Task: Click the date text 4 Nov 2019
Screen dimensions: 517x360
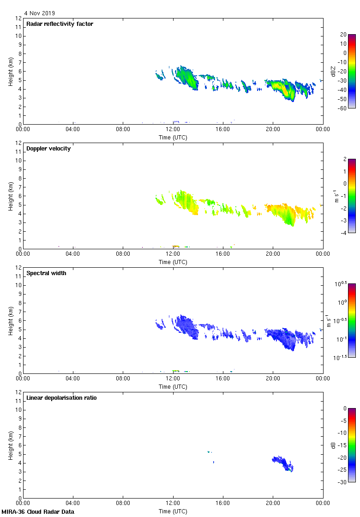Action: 39,13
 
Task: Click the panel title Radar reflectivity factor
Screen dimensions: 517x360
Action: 60,24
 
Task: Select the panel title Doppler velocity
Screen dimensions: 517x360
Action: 48,149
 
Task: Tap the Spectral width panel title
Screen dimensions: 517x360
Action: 46,273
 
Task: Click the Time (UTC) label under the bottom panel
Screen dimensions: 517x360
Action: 173,511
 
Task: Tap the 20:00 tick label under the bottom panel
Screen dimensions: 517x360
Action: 273,504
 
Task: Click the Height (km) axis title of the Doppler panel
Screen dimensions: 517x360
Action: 10,196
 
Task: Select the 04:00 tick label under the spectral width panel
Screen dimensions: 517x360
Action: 73,379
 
